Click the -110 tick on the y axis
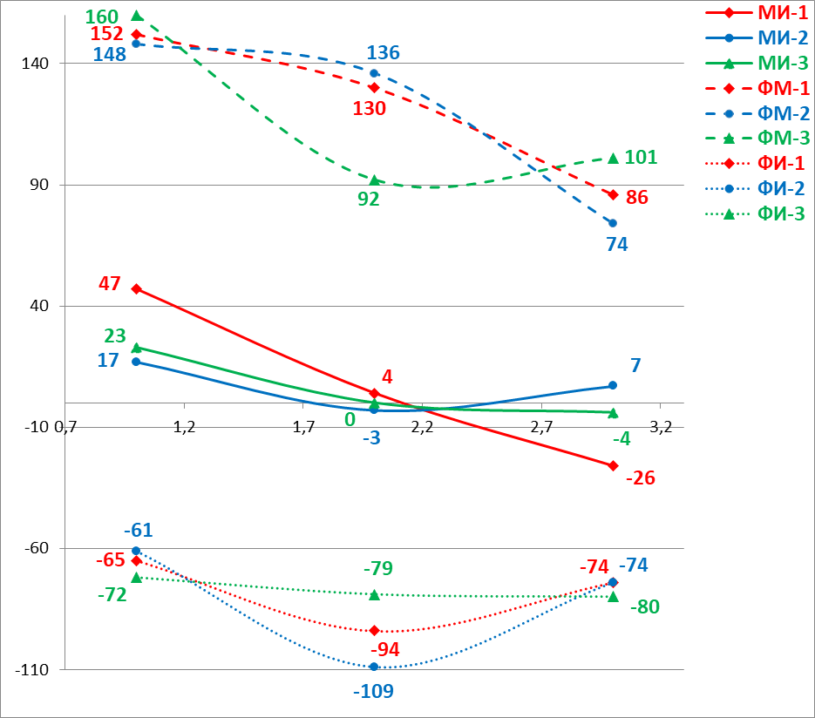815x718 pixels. [x=32, y=669]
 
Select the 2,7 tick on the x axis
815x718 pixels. [x=541, y=428]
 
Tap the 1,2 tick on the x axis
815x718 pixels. [x=183, y=428]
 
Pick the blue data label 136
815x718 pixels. [x=383, y=53]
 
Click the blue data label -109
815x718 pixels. [x=373, y=692]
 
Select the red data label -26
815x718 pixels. [x=640, y=478]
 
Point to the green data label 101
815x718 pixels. [x=641, y=158]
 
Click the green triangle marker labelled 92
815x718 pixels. [x=374, y=180]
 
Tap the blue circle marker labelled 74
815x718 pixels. [x=613, y=223]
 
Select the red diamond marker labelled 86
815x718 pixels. [x=613, y=194]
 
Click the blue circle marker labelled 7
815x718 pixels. [x=612, y=385]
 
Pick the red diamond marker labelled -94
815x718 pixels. [x=374, y=630]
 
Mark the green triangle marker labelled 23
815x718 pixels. [x=136, y=348]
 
